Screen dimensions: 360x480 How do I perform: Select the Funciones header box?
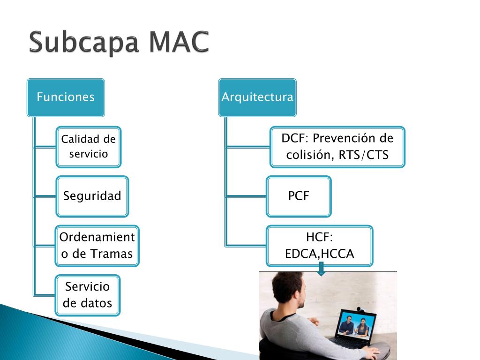66,97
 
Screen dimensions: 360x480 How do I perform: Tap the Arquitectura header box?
257,97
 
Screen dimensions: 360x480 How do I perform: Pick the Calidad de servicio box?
89,147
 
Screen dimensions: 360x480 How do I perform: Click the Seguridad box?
92,196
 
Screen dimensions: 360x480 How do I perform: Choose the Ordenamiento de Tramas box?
97,246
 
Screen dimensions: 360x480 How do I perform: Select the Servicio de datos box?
88,295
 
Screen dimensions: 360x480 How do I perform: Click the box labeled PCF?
299,196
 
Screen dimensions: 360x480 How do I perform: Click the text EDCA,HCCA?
320,254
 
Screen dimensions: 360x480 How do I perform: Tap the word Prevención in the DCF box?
345,139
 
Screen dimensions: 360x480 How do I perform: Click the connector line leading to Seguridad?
45,196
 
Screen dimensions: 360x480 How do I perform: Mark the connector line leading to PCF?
246,196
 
